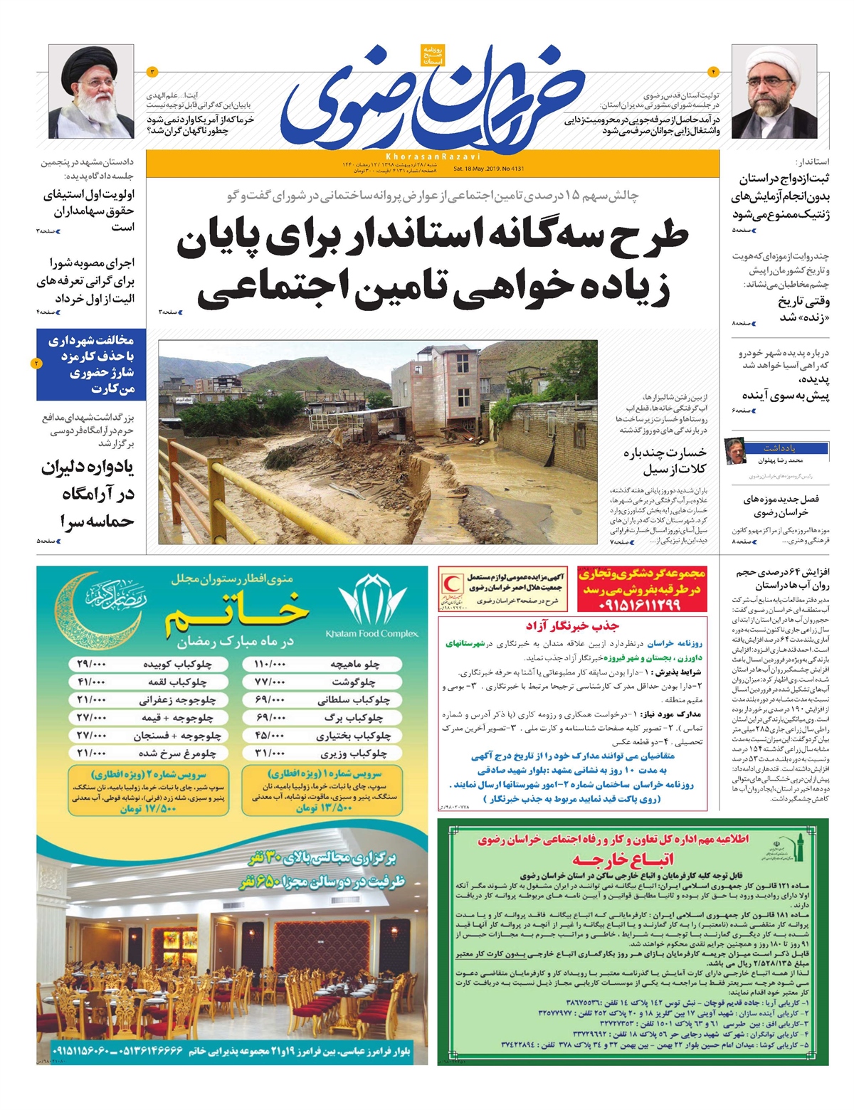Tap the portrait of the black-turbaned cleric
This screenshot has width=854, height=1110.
[x=90, y=92]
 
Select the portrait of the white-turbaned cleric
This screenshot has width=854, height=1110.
[x=764, y=92]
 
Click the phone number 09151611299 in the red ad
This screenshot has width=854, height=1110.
[x=640, y=604]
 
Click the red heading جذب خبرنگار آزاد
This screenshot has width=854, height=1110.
[x=572, y=626]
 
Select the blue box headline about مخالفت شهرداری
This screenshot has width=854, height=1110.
[x=90, y=364]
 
